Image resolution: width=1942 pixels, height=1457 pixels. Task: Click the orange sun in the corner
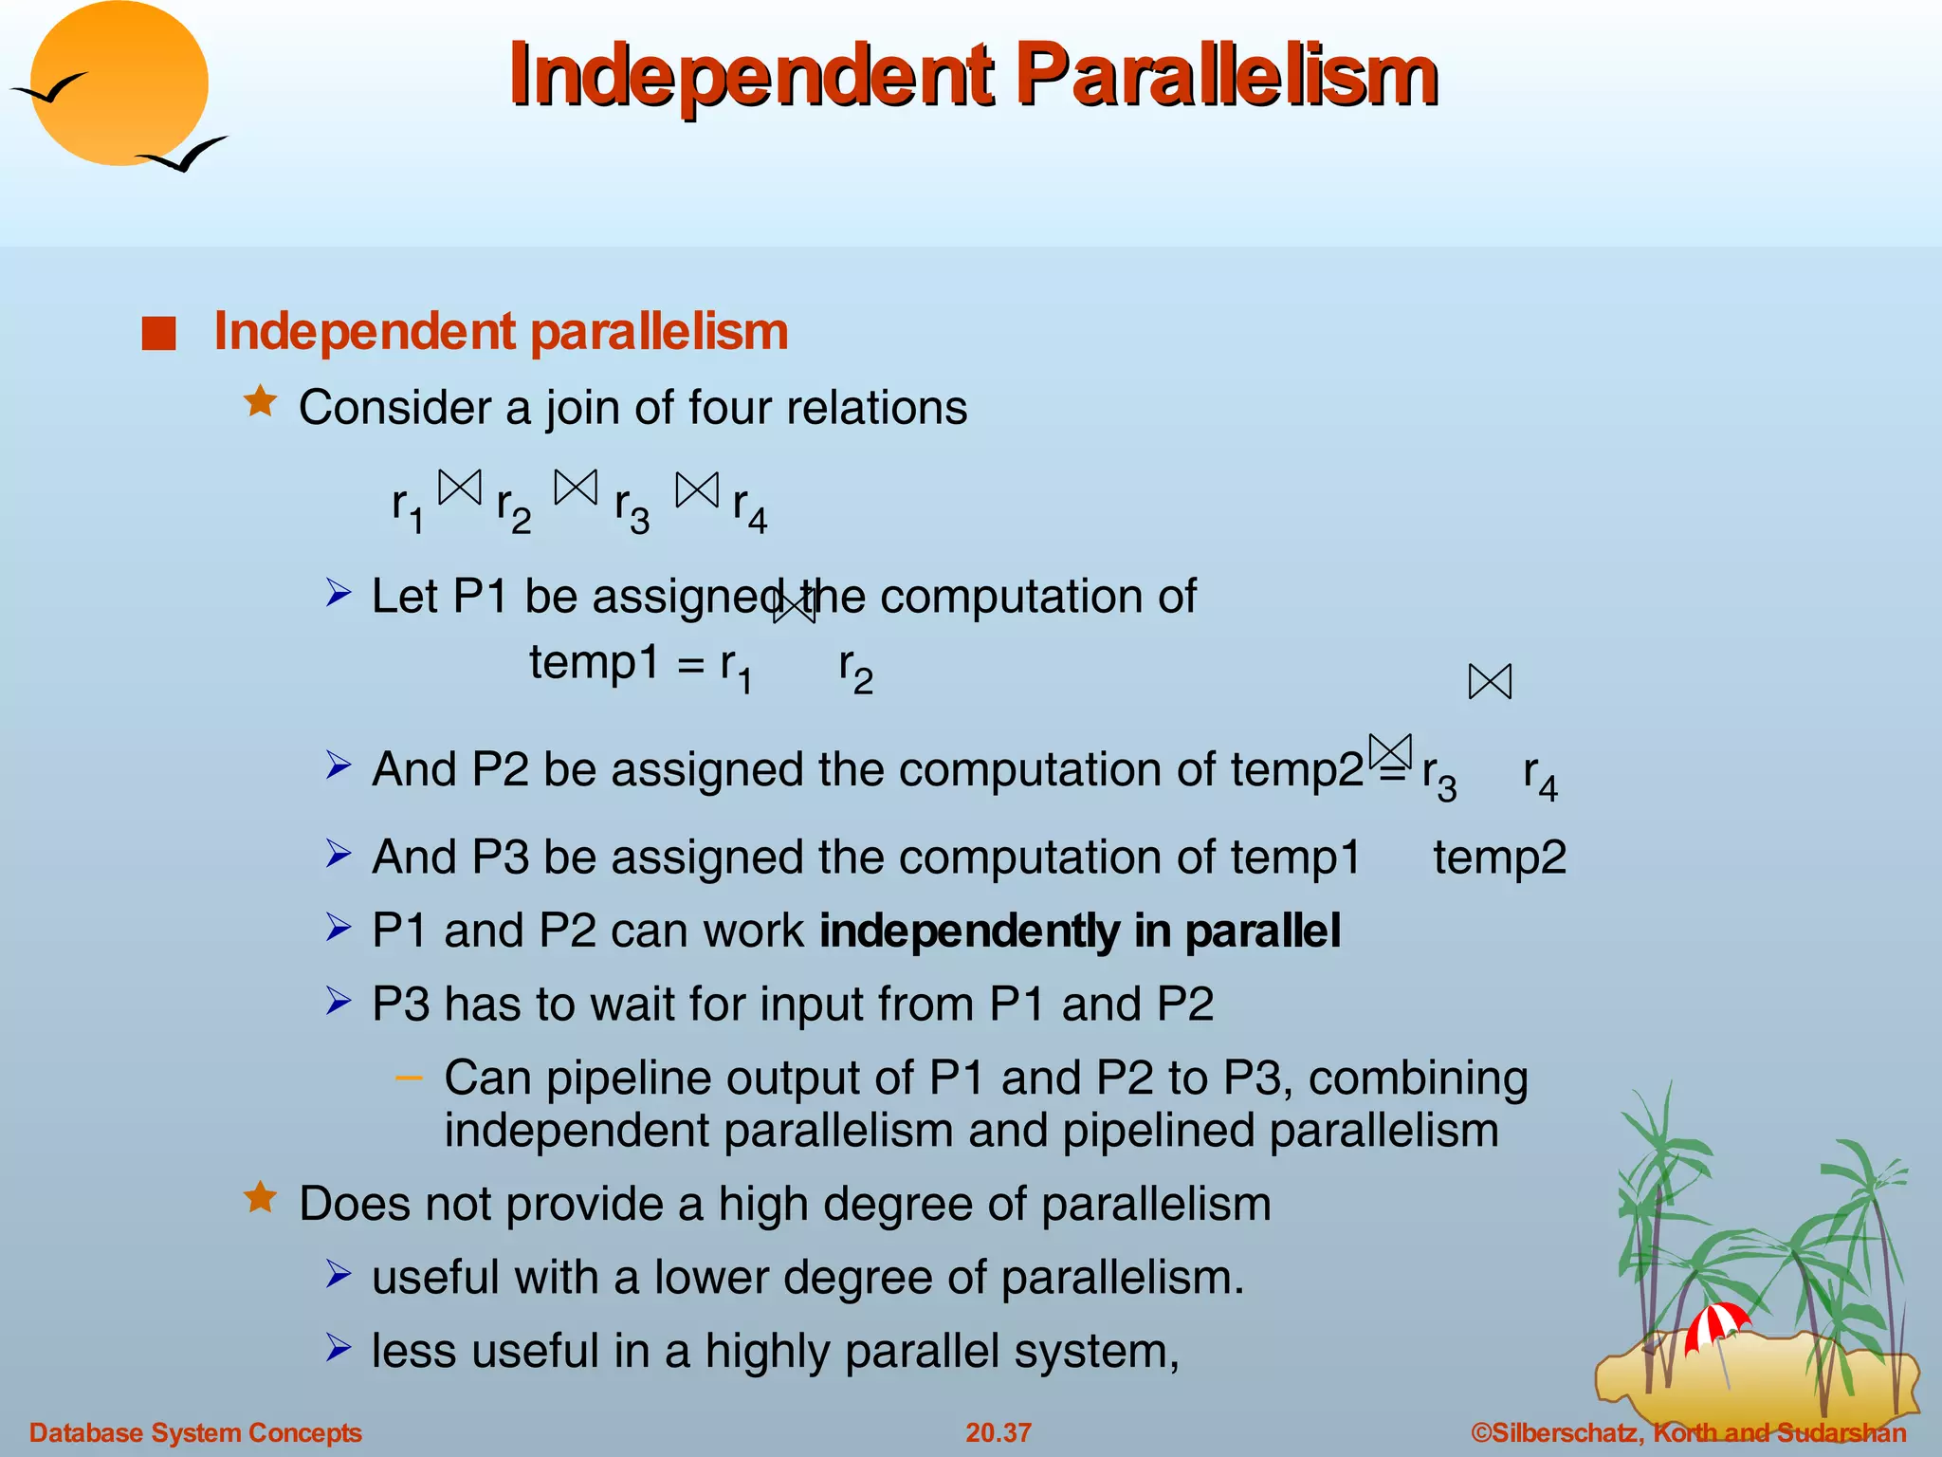pyautogui.click(x=119, y=83)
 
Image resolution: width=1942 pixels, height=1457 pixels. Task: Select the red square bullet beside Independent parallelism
pyautogui.click(x=158, y=334)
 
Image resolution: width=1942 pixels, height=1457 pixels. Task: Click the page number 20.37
pyautogui.click(x=998, y=1432)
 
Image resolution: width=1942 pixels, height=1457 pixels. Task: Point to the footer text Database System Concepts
pyautogui.click(x=195, y=1432)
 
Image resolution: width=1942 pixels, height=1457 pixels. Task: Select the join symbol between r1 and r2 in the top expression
pyautogui.click(x=460, y=488)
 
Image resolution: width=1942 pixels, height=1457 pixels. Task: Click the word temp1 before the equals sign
pyautogui.click(x=594, y=662)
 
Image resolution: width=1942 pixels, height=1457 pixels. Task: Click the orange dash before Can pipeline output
pyautogui.click(x=409, y=1078)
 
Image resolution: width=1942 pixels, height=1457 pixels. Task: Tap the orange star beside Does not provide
pyautogui.click(x=260, y=1198)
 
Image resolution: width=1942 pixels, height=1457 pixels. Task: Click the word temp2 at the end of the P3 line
pyautogui.click(x=1499, y=858)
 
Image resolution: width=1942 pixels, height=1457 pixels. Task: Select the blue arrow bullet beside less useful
pyautogui.click(x=339, y=1347)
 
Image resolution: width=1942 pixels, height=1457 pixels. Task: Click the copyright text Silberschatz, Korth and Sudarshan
pyautogui.click(x=1688, y=1432)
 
